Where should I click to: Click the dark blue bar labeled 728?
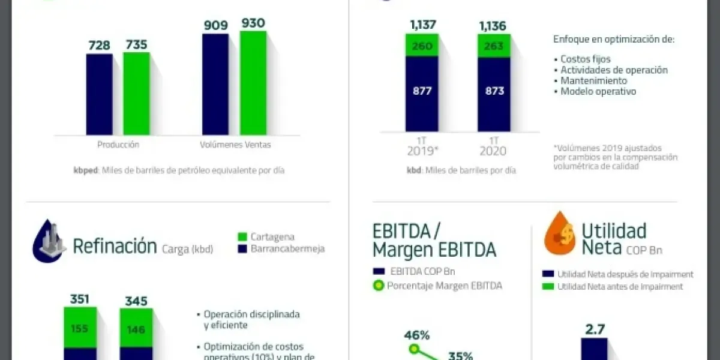point(99,94)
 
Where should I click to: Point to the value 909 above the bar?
point(215,25)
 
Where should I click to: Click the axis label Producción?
point(118,145)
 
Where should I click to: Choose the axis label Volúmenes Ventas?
point(235,145)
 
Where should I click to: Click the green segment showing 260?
point(422,46)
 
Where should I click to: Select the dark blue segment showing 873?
point(494,91)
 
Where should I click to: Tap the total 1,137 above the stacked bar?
point(422,25)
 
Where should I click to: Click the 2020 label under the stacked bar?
point(493,151)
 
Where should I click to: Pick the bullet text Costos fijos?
point(585,59)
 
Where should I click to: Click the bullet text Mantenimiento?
point(593,80)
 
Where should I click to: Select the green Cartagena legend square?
point(242,237)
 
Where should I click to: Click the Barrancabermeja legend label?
point(287,248)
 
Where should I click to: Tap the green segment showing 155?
point(80,328)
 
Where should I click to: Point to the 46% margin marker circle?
point(413,349)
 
